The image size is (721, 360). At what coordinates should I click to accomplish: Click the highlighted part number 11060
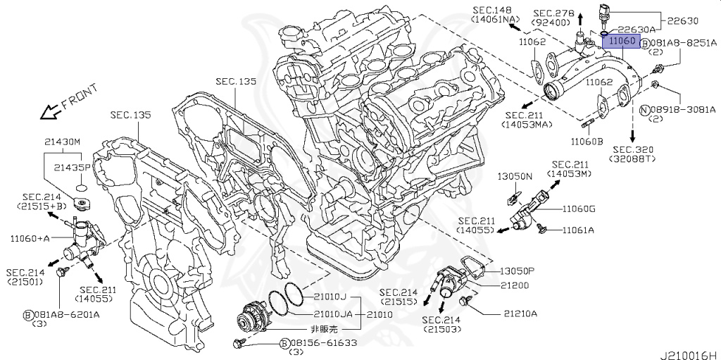(622, 42)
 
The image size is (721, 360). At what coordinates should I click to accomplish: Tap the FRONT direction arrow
(50, 110)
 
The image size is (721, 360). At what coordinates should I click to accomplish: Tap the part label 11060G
(579, 209)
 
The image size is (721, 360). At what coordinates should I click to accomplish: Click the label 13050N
(516, 175)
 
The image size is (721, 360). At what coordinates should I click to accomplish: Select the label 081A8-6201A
(66, 314)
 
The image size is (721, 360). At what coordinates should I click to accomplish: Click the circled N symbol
(644, 109)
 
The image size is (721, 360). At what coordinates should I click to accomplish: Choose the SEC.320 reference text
(633, 150)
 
